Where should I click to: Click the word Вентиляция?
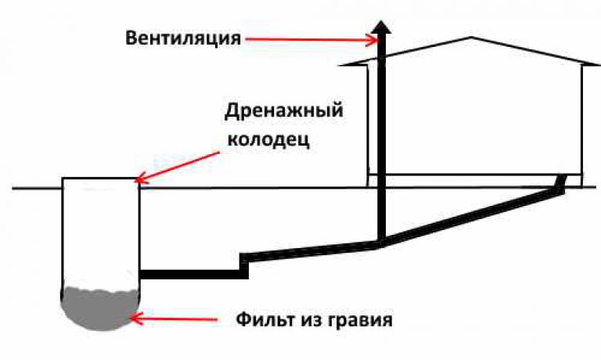coord(183,38)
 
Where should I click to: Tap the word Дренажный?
coord(283,111)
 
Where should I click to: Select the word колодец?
coord(268,139)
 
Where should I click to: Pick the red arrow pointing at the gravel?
coord(175,319)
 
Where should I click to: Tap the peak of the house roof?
coord(471,38)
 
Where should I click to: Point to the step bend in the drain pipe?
coord(244,265)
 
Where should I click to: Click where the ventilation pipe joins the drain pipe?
coord(381,243)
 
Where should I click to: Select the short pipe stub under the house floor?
coord(561,182)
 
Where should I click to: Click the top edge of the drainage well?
coord(100,178)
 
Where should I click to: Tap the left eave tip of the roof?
coord(340,66)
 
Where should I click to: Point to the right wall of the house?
coord(582,126)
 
